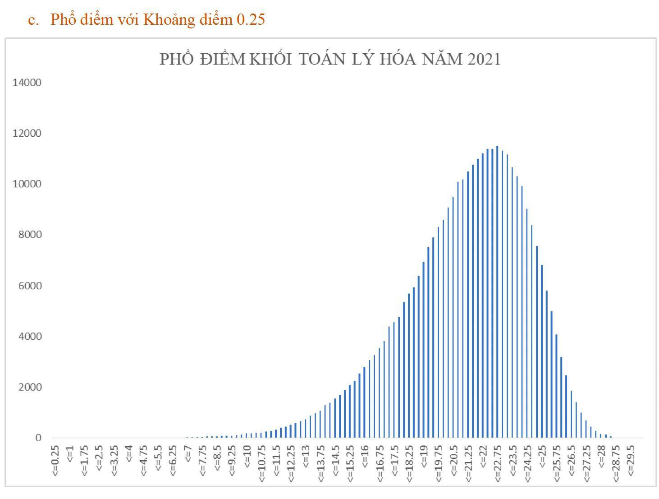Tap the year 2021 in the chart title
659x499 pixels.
pyautogui.click(x=484, y=60)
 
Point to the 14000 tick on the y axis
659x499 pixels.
pyautogui.click(x=27, y=83)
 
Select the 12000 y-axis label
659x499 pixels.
pyautogui.click(x=27, y=134)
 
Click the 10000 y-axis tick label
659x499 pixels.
pyautogui.click(x=27, y=184)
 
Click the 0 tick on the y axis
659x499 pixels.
pyautogui.click(x=38, y=438)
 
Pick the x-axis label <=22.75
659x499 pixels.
pyautogui.click(x=498, y=463)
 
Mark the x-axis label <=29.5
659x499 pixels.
pyautogui.click(x=631, y=461)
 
